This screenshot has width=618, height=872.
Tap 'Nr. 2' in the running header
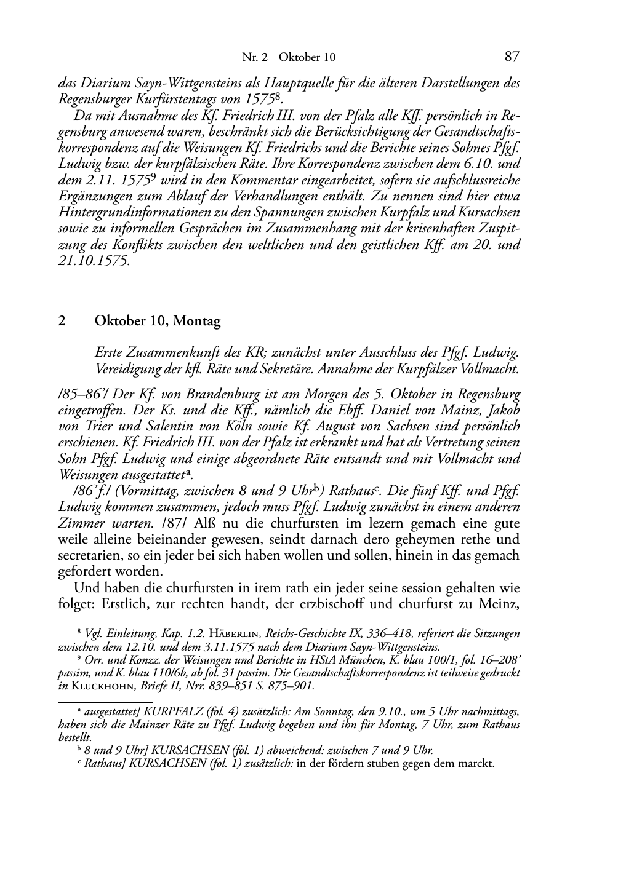(x=254, y=57)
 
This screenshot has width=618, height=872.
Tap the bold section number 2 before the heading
(x=62, y=320)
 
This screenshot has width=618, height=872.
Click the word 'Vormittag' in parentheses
(x=143, y=491)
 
